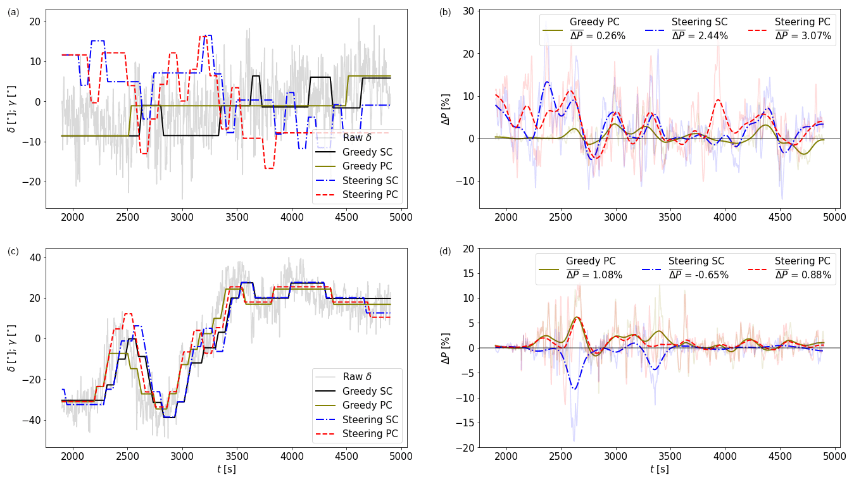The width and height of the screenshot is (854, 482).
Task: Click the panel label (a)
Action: tap(13, 12)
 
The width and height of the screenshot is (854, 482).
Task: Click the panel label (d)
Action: tap(445, 251)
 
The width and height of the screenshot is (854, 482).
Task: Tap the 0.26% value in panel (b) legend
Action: tap(598, 36)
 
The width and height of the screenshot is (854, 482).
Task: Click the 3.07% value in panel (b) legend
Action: tap(803, 36)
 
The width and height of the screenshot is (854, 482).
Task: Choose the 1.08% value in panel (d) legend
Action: tap(594, 275)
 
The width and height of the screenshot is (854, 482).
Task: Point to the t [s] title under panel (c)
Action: tap(226, 469)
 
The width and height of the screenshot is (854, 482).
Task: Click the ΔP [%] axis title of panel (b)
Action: tap(446, 108)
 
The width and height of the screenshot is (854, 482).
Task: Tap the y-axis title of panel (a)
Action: tap(11, 108)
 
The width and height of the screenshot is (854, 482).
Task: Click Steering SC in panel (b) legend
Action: tap(699, 22)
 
